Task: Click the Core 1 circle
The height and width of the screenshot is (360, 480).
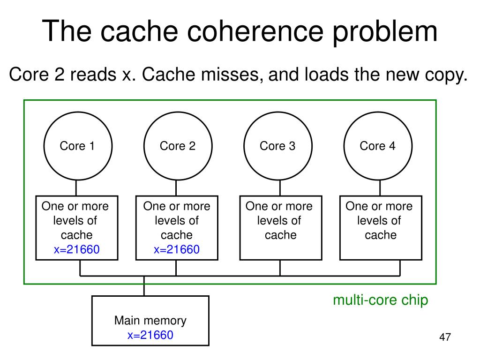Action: [78, 112]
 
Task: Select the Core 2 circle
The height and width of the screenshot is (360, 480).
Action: [178, 112]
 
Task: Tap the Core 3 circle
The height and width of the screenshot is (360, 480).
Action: [278, 112]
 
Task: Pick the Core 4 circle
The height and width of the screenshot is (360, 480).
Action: [378, 112]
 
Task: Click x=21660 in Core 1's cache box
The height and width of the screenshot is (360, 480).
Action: [77, 249]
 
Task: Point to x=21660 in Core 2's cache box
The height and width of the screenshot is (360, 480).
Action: [177, 249]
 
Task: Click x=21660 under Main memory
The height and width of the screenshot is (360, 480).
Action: [150, 335]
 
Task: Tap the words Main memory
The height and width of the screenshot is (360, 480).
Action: [150, 321]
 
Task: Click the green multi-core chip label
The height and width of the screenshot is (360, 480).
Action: [381, 300]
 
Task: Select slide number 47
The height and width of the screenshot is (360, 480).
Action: [445, 337]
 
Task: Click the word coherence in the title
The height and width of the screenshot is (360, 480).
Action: [255, 31]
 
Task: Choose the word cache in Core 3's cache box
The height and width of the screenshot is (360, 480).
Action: [281, 235]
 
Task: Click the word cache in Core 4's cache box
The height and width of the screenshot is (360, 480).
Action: [381, 235]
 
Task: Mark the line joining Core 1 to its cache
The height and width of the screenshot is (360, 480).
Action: [76, 188]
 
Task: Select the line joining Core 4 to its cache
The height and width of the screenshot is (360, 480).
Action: [380, 188]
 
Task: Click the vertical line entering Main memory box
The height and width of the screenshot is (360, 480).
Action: [144, 286]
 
